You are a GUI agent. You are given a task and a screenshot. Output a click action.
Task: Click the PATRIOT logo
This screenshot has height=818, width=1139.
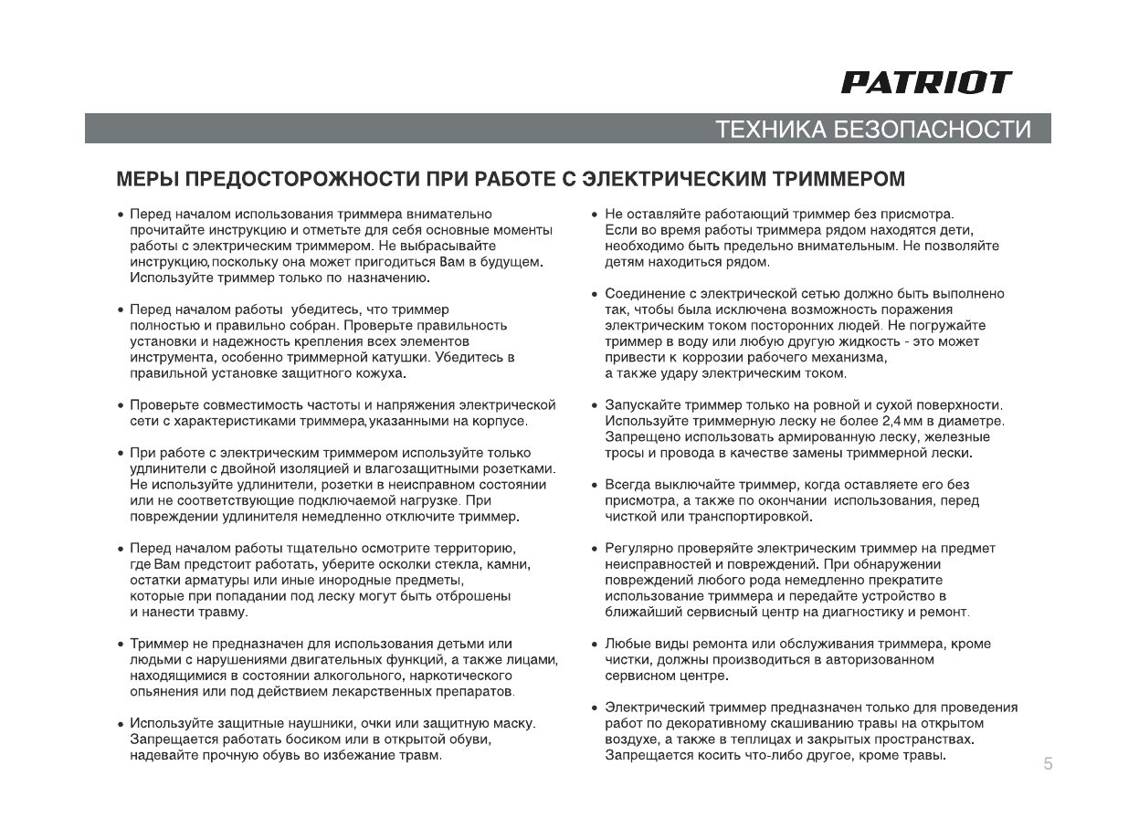pos(925,83)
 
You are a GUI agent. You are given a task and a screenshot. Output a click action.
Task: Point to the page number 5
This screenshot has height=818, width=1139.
pos(1048,764)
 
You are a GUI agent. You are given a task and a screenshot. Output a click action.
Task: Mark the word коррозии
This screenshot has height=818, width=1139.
pos(701,357)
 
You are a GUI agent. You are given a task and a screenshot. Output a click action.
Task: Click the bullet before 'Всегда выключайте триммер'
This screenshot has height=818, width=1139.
pos(595,485)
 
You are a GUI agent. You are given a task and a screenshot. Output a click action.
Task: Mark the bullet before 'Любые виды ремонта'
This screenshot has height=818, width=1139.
pos(595,645)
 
